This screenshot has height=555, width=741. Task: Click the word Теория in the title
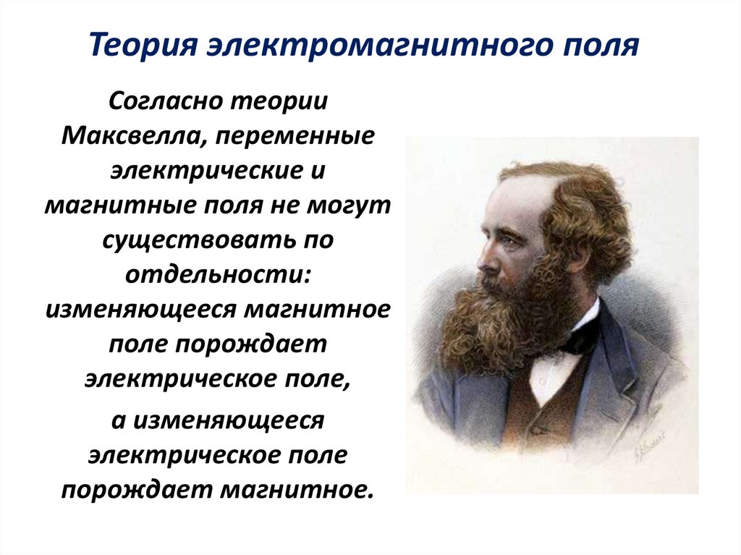(144, 45)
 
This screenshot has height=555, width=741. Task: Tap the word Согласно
(165, 101)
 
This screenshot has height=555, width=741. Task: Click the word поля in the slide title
(603, 45)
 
